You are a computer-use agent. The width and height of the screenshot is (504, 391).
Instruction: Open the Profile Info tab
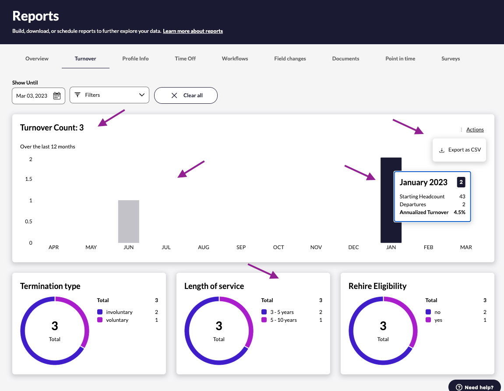(x=135, y=59)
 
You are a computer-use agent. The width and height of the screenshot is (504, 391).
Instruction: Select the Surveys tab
(x=451, y=59)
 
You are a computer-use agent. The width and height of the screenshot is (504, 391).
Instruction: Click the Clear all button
(x=186, y=95)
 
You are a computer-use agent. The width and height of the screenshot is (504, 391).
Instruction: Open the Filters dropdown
(x=109, y=95)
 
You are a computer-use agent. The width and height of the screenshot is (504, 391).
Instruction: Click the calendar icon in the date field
(x=57, y=96)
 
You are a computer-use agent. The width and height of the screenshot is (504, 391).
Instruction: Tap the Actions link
(x=475, y=130)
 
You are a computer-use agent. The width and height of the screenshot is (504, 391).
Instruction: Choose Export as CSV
(x=460, y=150)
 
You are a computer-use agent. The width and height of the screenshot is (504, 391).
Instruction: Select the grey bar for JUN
(x=129, y=221)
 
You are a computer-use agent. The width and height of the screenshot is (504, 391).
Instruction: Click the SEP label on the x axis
(x=241, y=247)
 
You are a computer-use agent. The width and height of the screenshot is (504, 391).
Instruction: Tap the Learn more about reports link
(x=193, y=31)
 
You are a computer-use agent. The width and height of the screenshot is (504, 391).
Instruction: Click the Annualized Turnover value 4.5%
(x=459, y=212)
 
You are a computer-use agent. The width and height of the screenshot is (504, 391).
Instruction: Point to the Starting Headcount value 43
(x=462, y=197)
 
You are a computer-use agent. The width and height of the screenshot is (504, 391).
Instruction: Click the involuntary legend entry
(x=119, y=312)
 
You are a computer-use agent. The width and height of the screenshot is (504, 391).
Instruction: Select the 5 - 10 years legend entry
(x=283, y=320)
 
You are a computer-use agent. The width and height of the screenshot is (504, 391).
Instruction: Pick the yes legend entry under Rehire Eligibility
(x=438, y=320)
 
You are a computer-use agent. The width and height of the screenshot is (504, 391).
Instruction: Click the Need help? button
(x=475, y=387)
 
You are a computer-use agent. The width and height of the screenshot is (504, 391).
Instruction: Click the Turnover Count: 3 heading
(x=52, y=128)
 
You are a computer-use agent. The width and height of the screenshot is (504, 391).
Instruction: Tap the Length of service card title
(x=214, y=286)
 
